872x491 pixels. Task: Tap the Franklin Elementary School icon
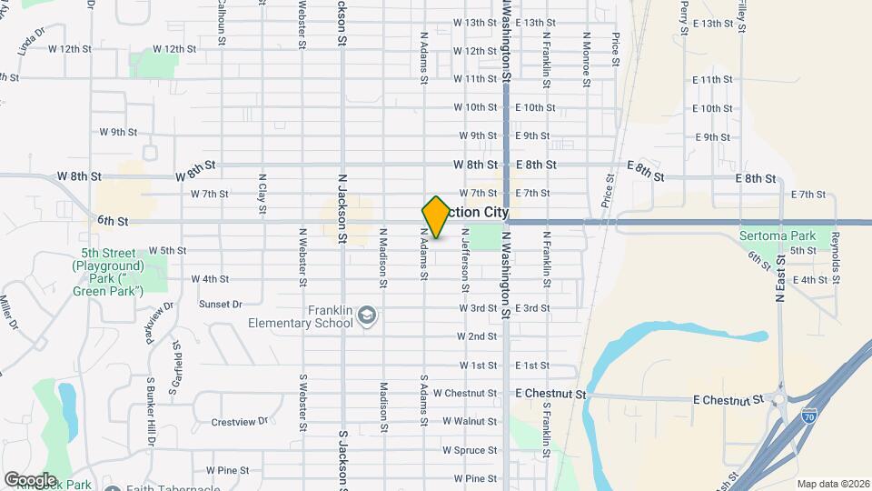click(x=367, y=316)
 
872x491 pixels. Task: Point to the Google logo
click(x=30, y=479)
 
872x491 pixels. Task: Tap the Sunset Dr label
click(x=221, y=305)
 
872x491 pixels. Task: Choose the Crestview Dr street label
click(x=240, y=422)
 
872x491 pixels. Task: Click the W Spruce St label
click(x=470, y=450)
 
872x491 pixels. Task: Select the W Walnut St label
click(x=470, y=422)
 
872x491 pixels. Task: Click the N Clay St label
click(x=263, y=194)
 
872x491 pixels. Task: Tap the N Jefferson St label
click(x=464, y=260)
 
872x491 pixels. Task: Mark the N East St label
click(x=780, y=278)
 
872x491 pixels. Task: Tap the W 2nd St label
click(x=477, y=336)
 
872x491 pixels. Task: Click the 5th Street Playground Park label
click(x=108, y=272)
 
